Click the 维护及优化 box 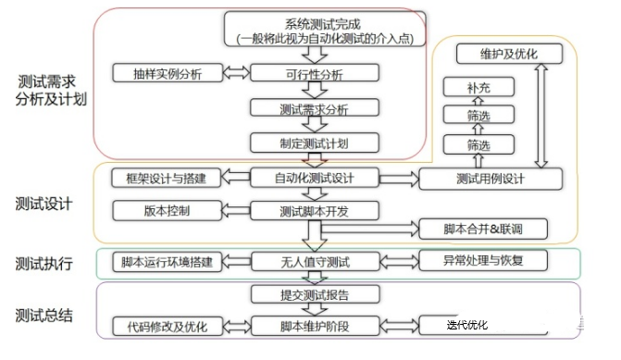click(508, 54)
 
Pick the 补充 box click(478, 87)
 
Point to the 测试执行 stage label click(43, 263)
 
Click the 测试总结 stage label click(43, 316)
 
